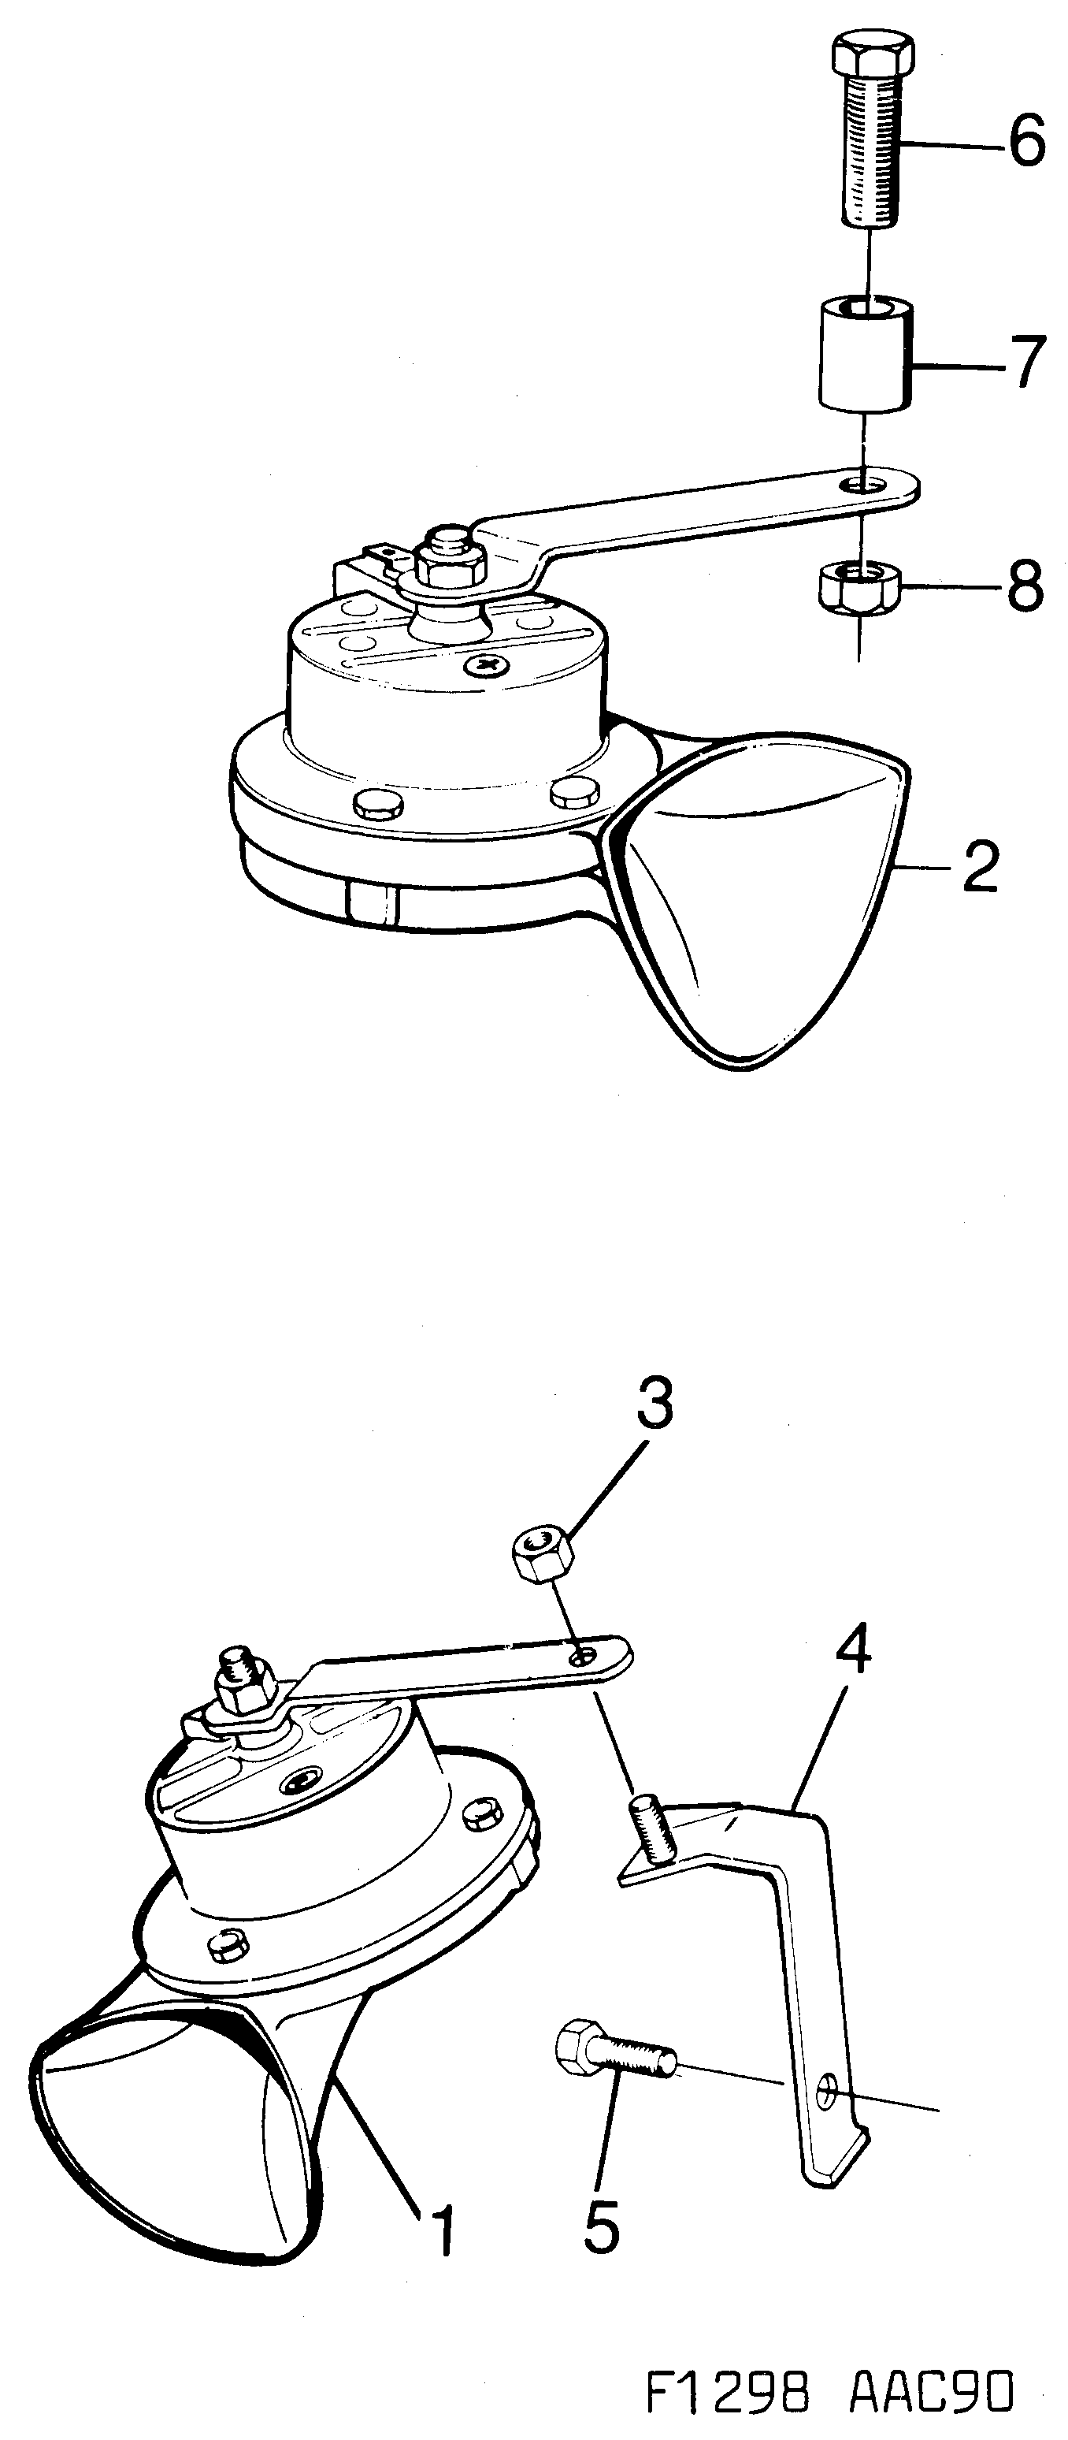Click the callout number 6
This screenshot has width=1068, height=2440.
click(x=1025, y=143)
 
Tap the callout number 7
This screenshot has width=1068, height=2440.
click(x=1025, y=363)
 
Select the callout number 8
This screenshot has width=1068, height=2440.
click(x=1025, y=586)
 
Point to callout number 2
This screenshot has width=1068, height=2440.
click(x=980, y=867)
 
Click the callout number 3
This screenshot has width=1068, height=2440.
click(x=655, y=1404)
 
